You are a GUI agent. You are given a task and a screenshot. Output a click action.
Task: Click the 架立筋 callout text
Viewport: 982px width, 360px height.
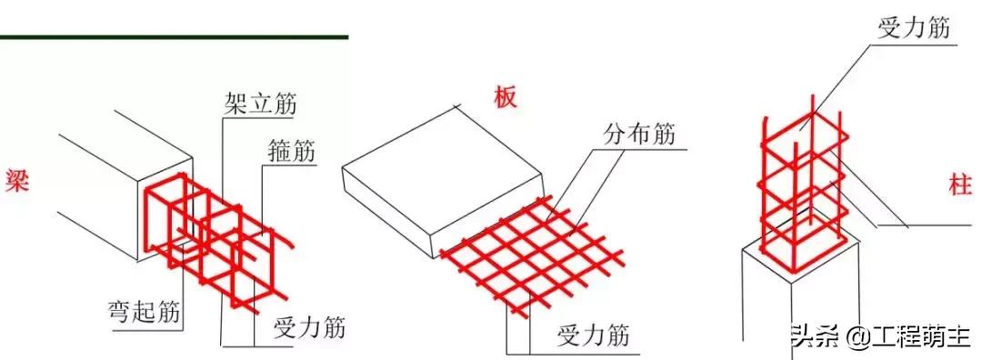point(260,104)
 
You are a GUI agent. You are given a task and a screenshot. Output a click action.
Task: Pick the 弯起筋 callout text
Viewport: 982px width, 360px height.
point(143,314)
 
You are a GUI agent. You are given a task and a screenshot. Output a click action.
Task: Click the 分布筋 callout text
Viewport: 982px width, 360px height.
point(640,135)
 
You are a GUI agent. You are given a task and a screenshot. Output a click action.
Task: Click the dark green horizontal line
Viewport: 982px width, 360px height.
point(173,37)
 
